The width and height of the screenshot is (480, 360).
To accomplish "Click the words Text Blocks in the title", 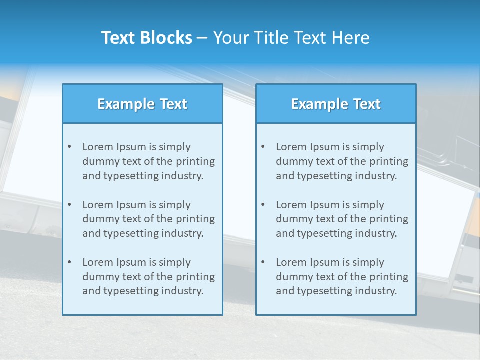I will pyautogui.click(x=146, y=38).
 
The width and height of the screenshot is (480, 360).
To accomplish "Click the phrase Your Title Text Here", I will pyautogui.click(x=291, y=38).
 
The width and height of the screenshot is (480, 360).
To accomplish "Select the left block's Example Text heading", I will pyautogui.click(x=142, y=104).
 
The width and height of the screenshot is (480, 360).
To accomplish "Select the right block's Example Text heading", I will pyautogui.click(x=336, y=104).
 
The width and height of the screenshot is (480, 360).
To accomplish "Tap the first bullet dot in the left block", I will pyautogui.click(x=69, y=147).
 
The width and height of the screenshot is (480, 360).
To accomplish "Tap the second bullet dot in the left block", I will pyautogui.click(x=69, y=205).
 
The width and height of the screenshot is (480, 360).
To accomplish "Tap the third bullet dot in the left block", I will pyautogui.click(x=69, y=262).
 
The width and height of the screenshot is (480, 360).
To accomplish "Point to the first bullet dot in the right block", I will pyautogui.click(x=263, y=147).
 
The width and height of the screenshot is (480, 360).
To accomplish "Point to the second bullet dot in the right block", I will pyautogui.click(x=263, y=205).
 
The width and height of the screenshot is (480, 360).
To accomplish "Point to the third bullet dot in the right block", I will pyautogui.click(x=263, y=262).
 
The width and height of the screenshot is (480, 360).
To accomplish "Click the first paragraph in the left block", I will pyautogui.click(x=148, y=161).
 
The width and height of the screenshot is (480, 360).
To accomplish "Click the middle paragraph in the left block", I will pyautogui.click(x=148, y=219).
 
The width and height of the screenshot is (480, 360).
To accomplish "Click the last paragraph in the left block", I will pyautogui.click(x=148, y=277).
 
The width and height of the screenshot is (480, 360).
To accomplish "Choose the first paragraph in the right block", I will pyautogui.click(x=342, y=161).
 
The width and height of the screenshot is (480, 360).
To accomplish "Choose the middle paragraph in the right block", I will pyautogui.click(x=342, y=219).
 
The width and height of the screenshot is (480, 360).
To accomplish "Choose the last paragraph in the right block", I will pyautogui.click(x=342, y=277).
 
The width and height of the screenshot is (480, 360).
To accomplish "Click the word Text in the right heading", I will pyautogui.click(x=367, y=104).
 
